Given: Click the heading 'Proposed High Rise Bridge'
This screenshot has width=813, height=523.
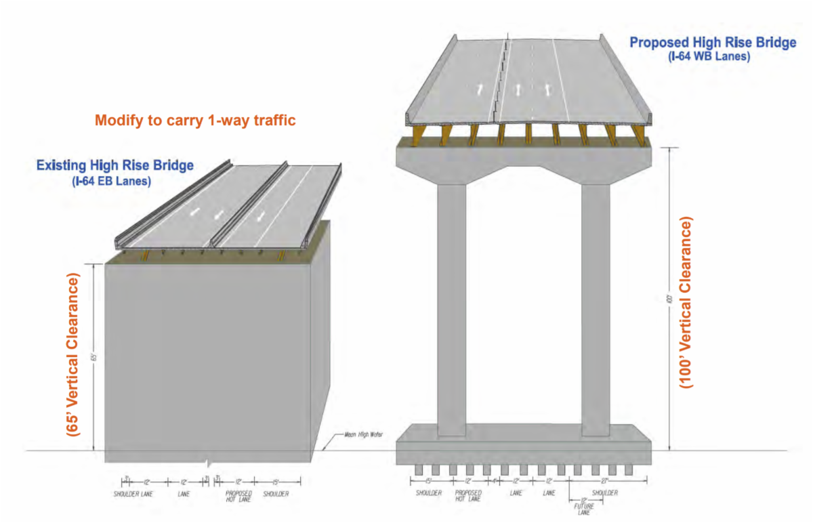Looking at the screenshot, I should click(713, 43).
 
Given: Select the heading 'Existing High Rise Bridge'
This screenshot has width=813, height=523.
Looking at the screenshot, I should click(115, 165).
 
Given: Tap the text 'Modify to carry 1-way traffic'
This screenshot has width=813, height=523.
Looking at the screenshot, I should click(196, 121).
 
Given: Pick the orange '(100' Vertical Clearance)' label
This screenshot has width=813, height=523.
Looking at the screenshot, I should click(687, 302).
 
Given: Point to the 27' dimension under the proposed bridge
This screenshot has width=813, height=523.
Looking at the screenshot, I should click(608, 481).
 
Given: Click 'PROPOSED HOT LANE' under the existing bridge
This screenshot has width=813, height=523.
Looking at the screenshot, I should click(238, 497).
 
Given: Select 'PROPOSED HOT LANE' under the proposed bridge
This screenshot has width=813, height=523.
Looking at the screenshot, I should click(468, 497).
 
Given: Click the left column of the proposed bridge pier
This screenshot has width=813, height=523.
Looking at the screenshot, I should click(451, 305).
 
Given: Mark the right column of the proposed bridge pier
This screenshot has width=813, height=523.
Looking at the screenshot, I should click(596, 305).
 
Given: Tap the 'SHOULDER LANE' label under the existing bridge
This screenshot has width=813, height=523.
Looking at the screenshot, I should click(133, 494).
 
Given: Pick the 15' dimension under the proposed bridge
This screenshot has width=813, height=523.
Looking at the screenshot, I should click(428, 481).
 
